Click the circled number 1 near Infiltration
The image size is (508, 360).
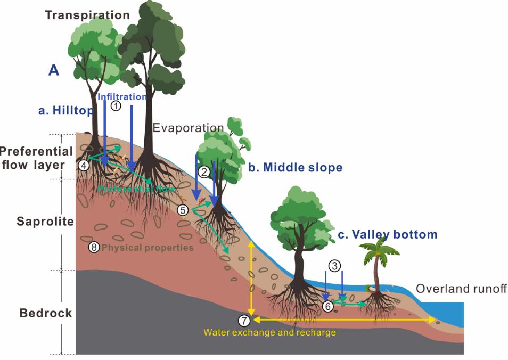116,106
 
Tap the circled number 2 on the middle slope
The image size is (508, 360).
204,171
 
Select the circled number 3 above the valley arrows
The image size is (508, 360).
334,265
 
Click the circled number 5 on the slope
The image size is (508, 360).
183,210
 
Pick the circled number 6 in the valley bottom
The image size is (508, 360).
328,306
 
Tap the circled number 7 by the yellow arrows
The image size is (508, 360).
243,321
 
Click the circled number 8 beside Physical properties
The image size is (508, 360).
94,248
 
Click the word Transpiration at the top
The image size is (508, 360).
87,15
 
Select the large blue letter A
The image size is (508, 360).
54,70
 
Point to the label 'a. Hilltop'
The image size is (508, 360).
65,110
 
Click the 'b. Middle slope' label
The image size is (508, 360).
295,168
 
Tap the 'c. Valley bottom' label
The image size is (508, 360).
387,234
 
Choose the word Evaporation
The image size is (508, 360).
188,128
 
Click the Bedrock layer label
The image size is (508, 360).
46,313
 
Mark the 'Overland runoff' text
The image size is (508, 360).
461,289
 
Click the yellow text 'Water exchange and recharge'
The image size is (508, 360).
269,332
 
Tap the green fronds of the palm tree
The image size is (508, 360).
379,248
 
